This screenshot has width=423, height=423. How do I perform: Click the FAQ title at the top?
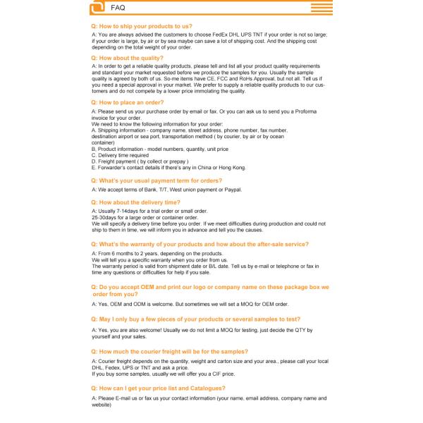coord(118,8)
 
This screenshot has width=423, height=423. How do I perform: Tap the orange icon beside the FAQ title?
coord(98,8)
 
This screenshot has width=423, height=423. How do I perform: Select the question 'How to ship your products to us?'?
coord(142,26)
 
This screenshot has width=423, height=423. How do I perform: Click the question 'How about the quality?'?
coord(127,58)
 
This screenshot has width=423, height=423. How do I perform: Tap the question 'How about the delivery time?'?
coord(135,202)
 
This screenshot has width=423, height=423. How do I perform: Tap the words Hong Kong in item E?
coord(232,168)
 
